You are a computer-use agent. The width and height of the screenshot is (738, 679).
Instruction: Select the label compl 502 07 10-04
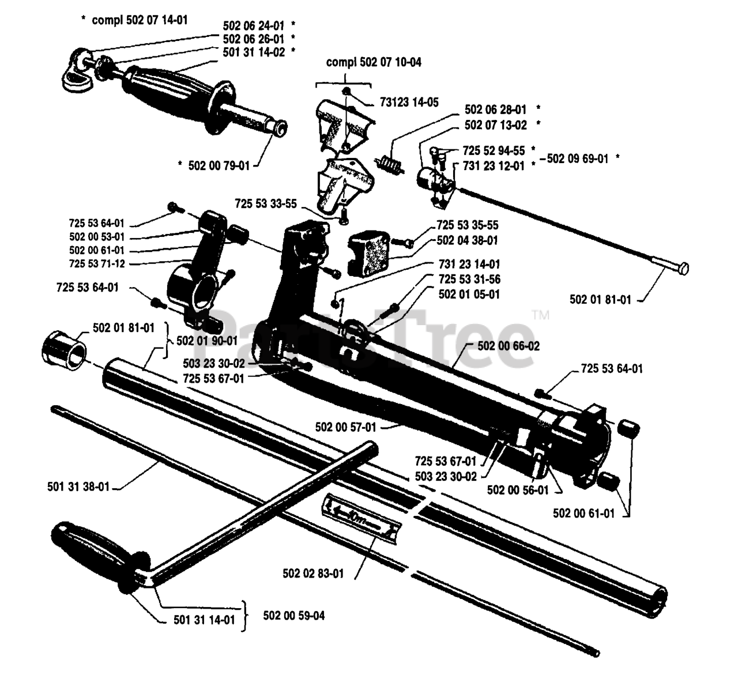[x=374, y=62]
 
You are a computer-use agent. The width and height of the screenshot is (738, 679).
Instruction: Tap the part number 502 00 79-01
[x=219, y=165]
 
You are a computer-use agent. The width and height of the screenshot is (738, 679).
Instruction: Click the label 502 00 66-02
[x=509, y=346]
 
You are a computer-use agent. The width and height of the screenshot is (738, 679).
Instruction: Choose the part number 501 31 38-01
[x=78, y=486]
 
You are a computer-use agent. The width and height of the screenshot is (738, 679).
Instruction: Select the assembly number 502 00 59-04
[x=293, y=616]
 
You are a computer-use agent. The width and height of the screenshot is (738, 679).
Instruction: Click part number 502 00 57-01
[x=345, y=427]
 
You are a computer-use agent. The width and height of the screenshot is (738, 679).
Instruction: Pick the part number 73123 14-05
[x=409, y=103]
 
